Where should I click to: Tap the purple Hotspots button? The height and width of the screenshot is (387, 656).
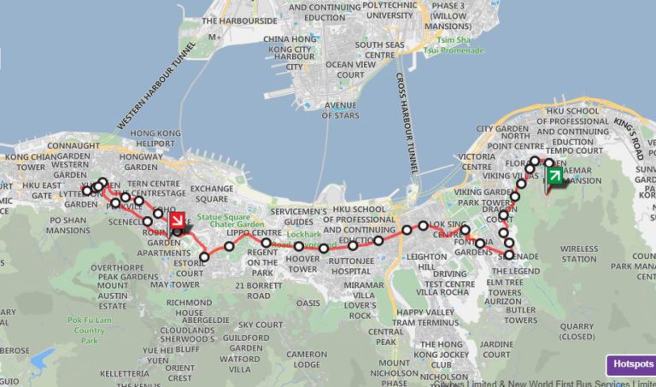click(630, 365)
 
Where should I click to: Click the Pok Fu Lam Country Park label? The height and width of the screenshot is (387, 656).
click(89, 330)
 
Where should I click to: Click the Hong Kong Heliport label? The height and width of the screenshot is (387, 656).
click(155, 139)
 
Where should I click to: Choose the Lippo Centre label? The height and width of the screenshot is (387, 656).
click(253, 232)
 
